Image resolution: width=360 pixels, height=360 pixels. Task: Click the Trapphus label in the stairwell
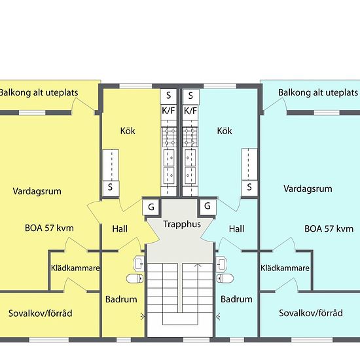click(182, 225)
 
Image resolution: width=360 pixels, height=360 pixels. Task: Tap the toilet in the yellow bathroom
click(135, 278)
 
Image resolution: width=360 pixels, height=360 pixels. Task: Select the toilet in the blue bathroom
click(225, 278)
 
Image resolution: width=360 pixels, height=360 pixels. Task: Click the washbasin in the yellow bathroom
click(139, 263)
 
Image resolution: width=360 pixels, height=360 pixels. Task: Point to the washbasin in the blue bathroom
click(221, 263)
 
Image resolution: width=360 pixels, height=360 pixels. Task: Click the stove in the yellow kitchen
click(170, 137)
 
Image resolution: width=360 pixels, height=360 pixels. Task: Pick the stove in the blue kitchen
click(190, 137)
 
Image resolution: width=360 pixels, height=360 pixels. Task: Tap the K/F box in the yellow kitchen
click(168, 111)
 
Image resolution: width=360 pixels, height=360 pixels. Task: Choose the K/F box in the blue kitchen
click(190, 111)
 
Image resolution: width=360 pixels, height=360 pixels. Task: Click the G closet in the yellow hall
click(151, 207)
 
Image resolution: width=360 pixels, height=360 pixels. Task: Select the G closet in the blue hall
click(207, 206)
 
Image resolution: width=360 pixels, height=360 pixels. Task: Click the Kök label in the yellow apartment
click(128, 131)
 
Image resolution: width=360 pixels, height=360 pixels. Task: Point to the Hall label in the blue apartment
click(236, 229)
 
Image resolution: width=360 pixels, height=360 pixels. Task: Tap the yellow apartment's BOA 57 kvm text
click(49, 228)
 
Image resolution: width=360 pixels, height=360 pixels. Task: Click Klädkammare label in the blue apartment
click(285, 268)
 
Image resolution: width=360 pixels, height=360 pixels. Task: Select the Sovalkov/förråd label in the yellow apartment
click(41, 314)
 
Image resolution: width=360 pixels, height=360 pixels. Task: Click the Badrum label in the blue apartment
click(236, 299)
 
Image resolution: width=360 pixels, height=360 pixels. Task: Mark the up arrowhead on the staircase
click(198, 265)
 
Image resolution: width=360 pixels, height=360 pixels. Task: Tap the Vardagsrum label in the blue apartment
click(308, 189)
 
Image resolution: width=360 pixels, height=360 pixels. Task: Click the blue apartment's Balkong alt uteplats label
click(318, 93)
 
